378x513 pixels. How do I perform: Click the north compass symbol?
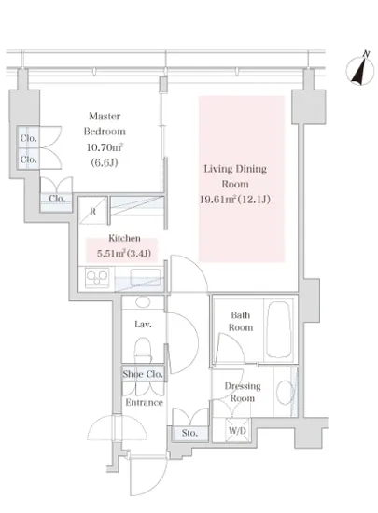[360, 70]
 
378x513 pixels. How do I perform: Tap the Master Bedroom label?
[105, 124]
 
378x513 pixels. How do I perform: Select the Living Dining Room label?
[235, 176]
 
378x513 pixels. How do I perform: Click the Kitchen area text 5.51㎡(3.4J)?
[124, 253]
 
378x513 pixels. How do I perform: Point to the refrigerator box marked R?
[93, 211]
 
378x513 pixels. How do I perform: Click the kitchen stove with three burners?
[97, 278]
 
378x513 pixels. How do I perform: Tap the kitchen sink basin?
[146, 277]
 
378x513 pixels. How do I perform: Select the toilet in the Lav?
[143, 350]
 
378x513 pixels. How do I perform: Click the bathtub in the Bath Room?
[279, 329]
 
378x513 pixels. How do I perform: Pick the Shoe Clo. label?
[143, 374]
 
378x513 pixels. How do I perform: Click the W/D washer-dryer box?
[238, 430]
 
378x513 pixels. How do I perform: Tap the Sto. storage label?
[189, 433]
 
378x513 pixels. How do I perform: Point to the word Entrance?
[145, 402]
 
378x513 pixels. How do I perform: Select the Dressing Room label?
[243, 393]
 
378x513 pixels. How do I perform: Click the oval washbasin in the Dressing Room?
[285, 393]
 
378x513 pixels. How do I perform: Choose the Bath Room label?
[241, 321]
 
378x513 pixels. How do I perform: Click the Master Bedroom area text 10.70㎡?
[105, 147]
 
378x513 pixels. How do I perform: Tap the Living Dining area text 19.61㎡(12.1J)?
[235, 200]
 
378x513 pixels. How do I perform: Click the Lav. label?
[143, 325]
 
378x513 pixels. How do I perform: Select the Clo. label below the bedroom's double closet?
[57, 199]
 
